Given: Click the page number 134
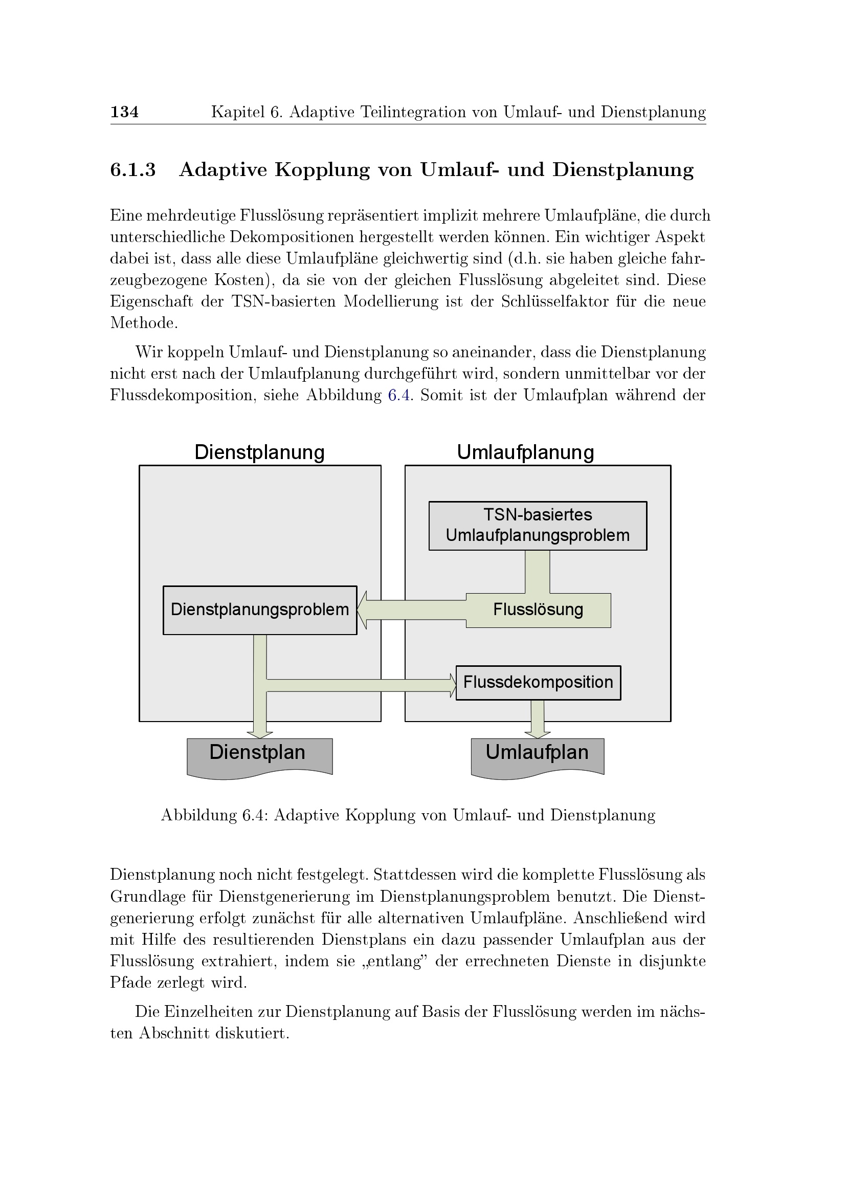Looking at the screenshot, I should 124,112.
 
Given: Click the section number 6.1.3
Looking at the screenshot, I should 133,170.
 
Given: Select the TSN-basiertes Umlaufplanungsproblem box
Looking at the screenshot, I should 538,526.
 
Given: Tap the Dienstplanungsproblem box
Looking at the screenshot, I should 259,610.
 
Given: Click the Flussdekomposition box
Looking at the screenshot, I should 538,683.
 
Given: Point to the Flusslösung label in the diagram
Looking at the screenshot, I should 538,610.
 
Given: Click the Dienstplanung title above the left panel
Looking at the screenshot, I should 259,452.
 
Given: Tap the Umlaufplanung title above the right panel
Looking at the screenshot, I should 525,452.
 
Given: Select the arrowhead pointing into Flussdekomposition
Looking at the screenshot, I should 452,685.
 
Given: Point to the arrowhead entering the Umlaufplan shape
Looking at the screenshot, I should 538,734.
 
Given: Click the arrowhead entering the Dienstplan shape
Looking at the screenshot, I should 260,734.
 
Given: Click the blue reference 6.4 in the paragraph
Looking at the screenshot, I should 399,395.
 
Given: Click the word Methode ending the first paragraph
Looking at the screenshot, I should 144,323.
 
